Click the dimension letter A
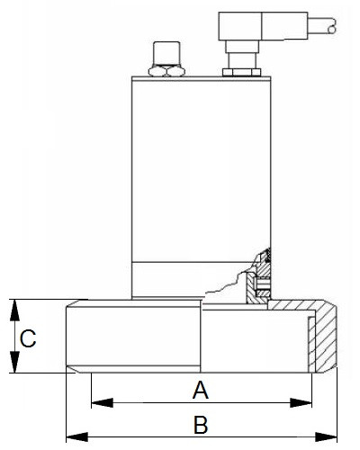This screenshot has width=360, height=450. tap(201, 390)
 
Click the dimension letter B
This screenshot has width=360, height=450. tap(201, 425)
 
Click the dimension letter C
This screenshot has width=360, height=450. tap(28, 338)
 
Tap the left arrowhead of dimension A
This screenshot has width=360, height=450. tap(102, 402)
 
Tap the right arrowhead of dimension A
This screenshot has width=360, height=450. tap(301, 402)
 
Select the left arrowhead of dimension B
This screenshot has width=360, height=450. tap(77, 436)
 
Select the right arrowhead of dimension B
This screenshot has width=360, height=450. tap(326, 436)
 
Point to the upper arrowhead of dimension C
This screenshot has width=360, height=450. tap(14, 310)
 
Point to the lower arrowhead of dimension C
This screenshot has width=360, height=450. tap(14, 362)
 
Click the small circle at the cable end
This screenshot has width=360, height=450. tap(331, 30)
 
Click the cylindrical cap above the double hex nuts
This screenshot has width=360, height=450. tap(166, 53)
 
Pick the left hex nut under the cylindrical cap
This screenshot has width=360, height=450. tap(157, 71)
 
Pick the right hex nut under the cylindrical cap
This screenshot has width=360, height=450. tap(175, 71)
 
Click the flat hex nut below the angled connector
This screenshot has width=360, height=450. tap(241, 72)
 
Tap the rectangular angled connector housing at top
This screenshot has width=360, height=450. tap(263, 26)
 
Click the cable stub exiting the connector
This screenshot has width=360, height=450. tap(322, 25)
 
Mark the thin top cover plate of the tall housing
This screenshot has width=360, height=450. tap(202, 79)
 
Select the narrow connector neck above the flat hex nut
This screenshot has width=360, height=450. tap(241, 61)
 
